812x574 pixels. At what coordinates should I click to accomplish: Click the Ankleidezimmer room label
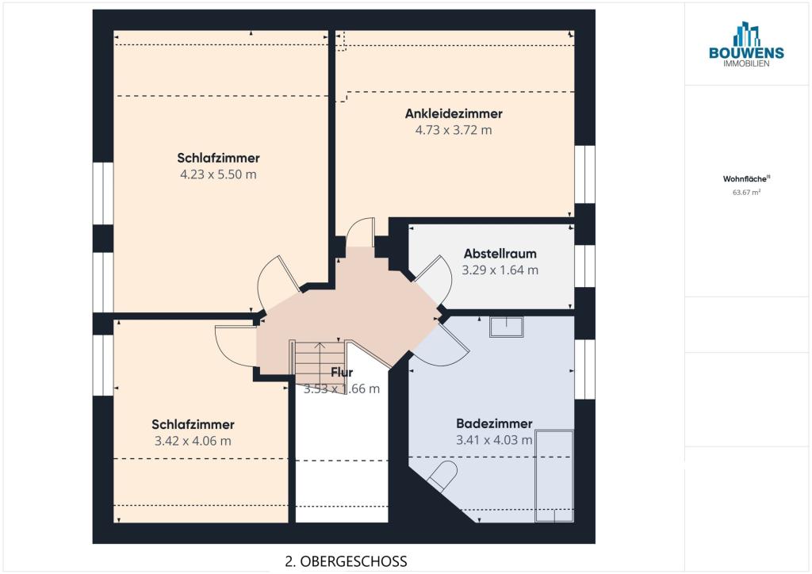[x=454, y=114]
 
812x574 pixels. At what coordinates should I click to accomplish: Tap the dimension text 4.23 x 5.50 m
[x=218, y=174]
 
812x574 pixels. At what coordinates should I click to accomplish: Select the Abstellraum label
[x=500, y=254]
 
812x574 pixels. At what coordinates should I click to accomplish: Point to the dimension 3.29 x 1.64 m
[x=500, y=270]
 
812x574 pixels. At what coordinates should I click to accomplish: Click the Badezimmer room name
[x=494, y=423]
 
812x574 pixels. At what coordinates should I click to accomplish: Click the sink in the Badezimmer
[x=507, y=327]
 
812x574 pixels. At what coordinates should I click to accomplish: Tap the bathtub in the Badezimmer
[x=554, y=476]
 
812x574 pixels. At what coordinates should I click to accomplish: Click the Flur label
[x=342, y=372]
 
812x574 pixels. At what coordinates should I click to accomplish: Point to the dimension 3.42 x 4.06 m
[x=193, y=441]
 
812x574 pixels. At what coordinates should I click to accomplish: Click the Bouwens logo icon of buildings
[x=746, y=34]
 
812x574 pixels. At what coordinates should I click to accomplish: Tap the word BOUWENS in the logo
[x=746, y=53]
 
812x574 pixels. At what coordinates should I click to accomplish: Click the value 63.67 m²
[x=746, y=193]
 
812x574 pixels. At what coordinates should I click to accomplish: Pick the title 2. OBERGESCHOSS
[x=346, y=561]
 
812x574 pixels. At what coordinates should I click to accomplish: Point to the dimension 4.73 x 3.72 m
[x=454, y=130]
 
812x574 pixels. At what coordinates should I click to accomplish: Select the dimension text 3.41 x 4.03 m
[x=494, y=440]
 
